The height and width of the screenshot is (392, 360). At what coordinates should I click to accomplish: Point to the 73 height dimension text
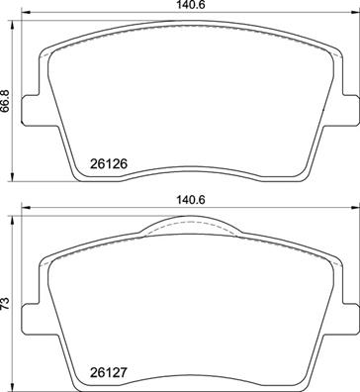[7, 302]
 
